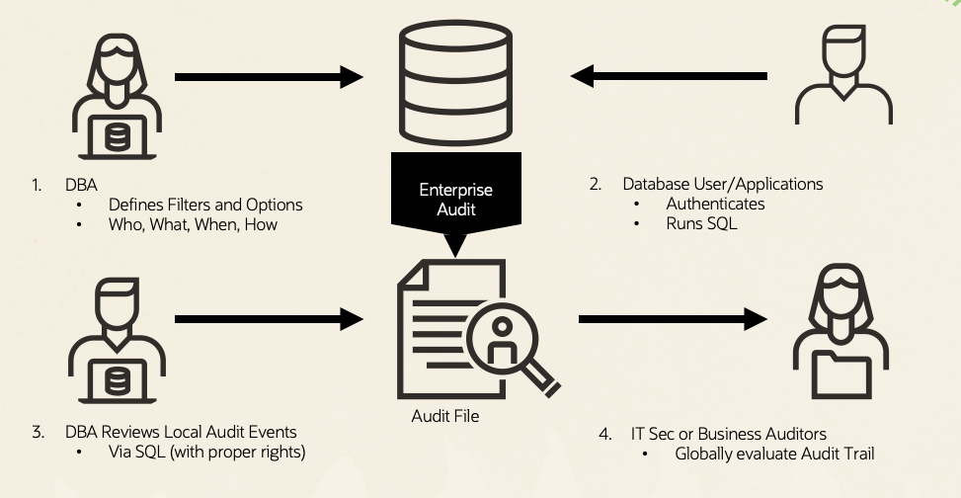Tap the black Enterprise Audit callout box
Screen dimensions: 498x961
[455, 199]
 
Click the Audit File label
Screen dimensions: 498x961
[444, 416]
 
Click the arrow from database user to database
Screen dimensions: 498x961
[669, 76]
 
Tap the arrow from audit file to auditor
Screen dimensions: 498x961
[673, 318]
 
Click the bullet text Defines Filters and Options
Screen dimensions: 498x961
[205, 205]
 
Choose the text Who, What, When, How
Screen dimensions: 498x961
[194, 224]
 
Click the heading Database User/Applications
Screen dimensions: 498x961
[722, 184]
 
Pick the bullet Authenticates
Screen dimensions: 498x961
[716, 204]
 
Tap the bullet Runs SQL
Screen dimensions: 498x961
[700, 223]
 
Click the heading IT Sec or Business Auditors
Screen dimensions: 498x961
[728, 434]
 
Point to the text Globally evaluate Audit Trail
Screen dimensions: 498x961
[774, 455]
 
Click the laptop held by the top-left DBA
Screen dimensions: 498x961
[117, 135]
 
